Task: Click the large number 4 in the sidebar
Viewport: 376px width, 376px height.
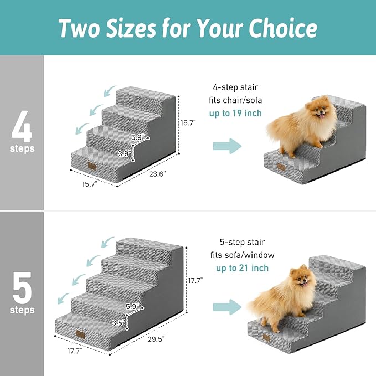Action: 22,126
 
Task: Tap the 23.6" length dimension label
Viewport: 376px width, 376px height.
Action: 157,173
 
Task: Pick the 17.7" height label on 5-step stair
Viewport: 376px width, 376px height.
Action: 195,281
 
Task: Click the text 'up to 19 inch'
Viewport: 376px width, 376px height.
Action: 235,114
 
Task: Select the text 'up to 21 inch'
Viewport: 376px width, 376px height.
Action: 242,268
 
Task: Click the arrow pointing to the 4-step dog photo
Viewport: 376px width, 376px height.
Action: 228,146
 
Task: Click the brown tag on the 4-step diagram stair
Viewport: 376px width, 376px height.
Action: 91,166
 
